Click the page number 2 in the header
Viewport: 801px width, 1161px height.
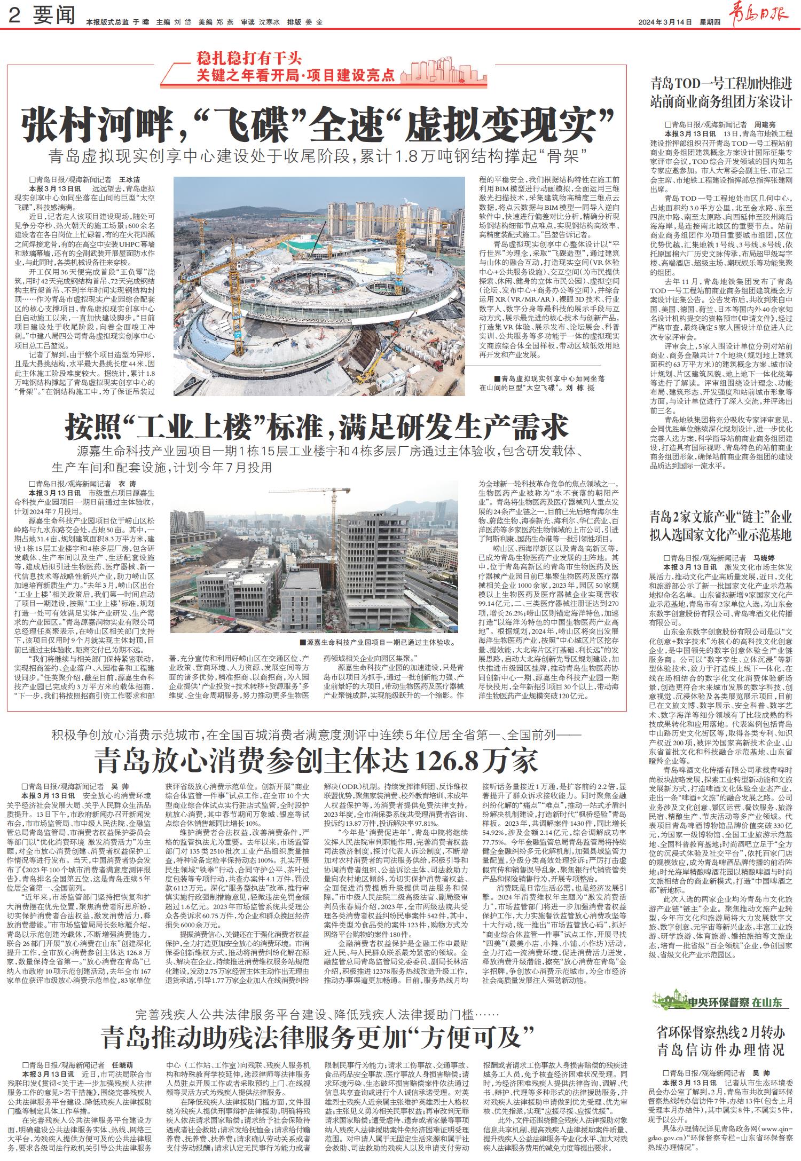[15, 16]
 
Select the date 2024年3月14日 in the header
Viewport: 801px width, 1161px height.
[665, 22]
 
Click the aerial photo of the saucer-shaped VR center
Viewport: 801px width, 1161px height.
[319, 286]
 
